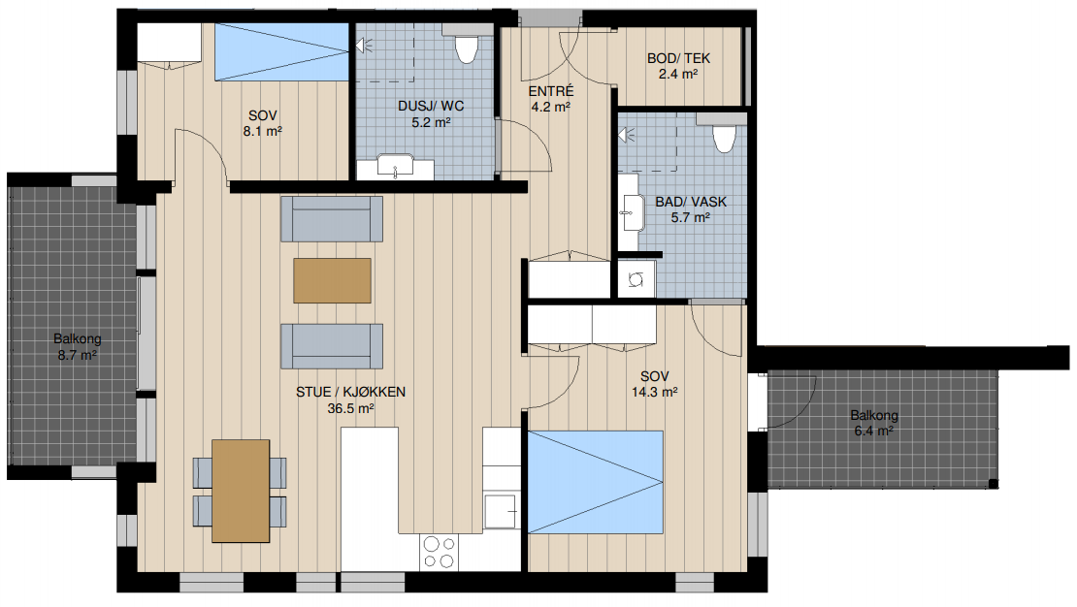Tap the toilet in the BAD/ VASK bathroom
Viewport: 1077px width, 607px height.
(x=723, y=139)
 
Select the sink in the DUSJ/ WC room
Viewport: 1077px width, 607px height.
(x=395, y=166)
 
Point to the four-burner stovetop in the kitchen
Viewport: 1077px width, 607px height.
(x=439, y=552)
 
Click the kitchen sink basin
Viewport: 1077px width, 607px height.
(x=501, y=512)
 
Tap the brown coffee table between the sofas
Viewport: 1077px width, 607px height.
(x=333, y=280)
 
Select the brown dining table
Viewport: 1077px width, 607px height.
(x=241, y=491)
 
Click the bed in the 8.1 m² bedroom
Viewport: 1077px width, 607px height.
(x=282, y=52)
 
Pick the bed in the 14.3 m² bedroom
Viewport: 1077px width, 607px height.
(x=596, y=482)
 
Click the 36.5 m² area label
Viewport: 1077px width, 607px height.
(x=350, y=408)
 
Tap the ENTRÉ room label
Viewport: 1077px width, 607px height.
(x=551, y=91)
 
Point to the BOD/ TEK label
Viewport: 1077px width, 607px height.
(x=678, y=58)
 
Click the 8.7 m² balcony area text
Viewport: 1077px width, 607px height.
(x=77, y=355)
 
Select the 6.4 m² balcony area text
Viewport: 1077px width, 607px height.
(x=873, y=431)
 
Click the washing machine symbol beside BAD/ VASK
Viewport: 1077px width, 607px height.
(x=636, y=279)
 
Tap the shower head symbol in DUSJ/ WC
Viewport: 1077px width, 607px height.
(x=363, y=46)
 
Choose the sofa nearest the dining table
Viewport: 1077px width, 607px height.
(x=332, y=346)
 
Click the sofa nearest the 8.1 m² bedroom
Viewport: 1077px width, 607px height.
(x=332, y=219)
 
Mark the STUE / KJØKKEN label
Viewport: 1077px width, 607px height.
(x=350, y=392)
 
